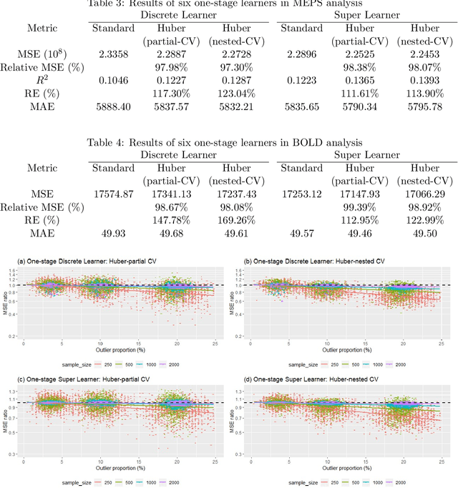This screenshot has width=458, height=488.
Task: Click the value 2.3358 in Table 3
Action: tap(114, 54)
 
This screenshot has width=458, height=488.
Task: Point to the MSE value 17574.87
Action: tap(114, 194)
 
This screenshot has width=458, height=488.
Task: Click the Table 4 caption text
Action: tap(229, 142)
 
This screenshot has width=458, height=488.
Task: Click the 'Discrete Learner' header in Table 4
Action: tap(167, 155)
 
